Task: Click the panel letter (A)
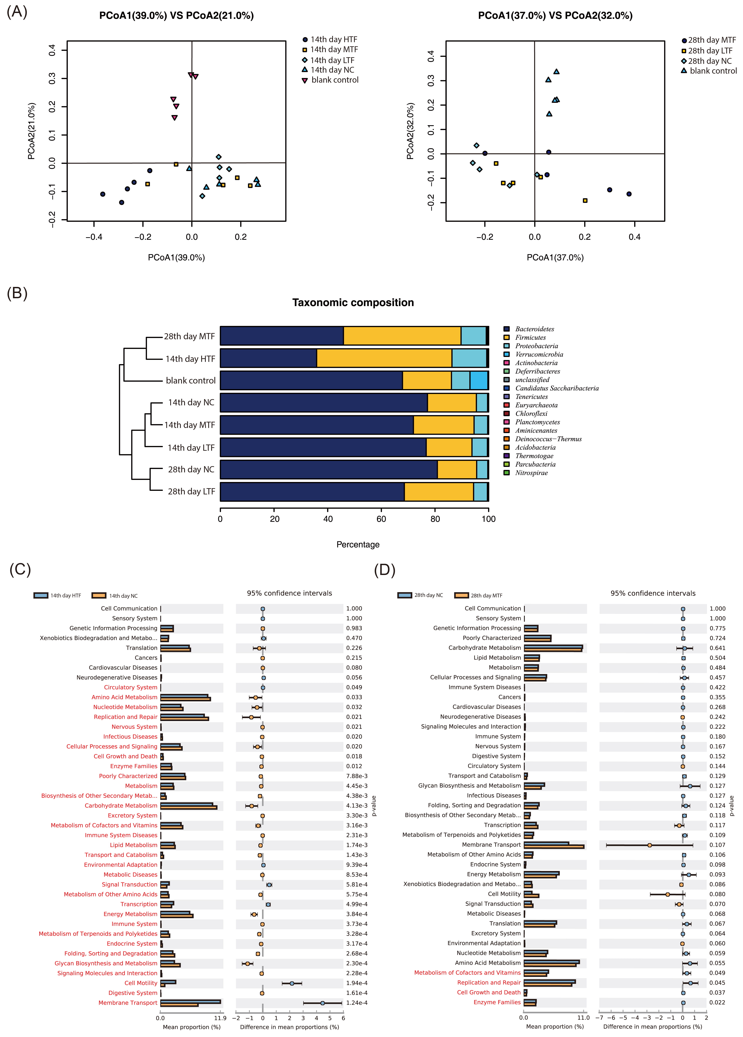click(x=17, y=11)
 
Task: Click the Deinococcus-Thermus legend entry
click(x=548, y=439)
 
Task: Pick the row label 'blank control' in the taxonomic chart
click(x=191, y=380)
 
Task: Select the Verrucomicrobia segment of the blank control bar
click(x=479, y=380)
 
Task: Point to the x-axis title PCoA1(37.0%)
click(x=555, y=257)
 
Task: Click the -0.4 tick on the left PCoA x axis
click(x=94, y=237)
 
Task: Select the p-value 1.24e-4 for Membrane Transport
click(x=356, y=1003)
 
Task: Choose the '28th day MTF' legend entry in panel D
click(x=486, y=595)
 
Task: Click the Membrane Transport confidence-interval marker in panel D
click(x=649, y=845)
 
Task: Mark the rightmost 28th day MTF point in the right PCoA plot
click(x=629, y=194)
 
